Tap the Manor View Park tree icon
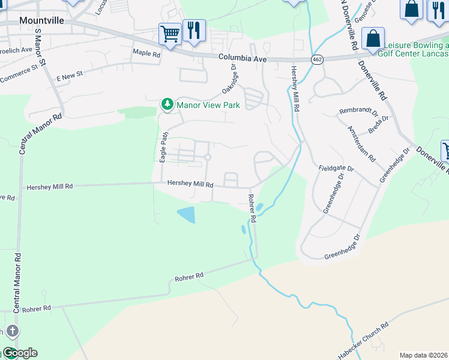pos(167,105)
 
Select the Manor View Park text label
pos(208,105)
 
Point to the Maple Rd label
pos(147,54)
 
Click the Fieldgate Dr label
pos(333,168)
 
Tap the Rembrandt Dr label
pos(358,112)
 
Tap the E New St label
pos(69,78)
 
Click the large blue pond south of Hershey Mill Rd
pos(186,214)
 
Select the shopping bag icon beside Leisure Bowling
pos(373,38)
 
